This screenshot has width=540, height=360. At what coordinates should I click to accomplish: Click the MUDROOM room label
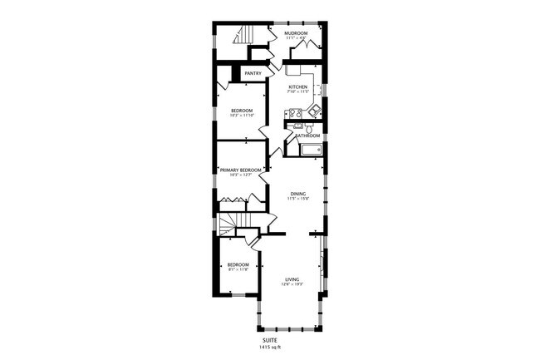[x=296, y=33]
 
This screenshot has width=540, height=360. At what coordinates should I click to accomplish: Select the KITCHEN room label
[x=297, y=87]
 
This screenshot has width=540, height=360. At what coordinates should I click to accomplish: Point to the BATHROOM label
[x=308, y=136]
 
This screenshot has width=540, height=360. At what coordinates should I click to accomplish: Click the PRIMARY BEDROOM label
[x=241, y=170]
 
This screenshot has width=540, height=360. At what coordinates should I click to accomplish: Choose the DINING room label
[x=297, y=194]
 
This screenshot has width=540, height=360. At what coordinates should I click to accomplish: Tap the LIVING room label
[x=292, y=279]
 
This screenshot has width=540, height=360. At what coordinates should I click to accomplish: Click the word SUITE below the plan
[x=270, y=339]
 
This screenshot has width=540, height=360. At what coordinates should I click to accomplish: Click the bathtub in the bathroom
[x=310, y=150]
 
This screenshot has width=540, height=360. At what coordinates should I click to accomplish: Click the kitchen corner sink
[x=315, y=109]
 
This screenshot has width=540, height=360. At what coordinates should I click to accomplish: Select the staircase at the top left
[x=243, y=34]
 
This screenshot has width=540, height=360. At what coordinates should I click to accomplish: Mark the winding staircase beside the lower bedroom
[x=228, y=223]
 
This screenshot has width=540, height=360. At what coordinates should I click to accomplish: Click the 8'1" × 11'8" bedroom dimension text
[x=238, y=269]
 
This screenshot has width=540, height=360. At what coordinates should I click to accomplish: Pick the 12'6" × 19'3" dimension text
[x=292, y=284]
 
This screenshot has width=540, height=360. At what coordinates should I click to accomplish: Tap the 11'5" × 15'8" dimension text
[x=297, y=200]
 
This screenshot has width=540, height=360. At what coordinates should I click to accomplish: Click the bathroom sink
[x=299, y=126]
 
